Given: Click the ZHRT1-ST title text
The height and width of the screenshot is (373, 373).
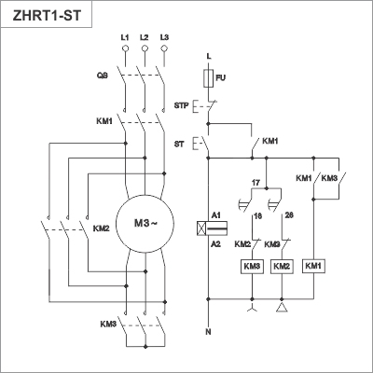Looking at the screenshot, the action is coord(47,16).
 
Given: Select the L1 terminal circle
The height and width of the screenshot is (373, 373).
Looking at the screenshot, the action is coord(125,48).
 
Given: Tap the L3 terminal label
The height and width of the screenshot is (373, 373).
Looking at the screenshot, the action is coord(164,37).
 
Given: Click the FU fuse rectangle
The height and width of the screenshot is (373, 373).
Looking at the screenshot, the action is coord(208,78).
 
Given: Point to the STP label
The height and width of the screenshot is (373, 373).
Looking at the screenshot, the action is coord(181,105).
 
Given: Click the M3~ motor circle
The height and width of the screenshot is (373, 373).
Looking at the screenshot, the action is coord(145,224).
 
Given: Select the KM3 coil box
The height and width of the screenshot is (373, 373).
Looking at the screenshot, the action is coord(252,267).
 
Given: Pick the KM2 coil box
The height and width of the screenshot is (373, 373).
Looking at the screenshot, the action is coord(282,267).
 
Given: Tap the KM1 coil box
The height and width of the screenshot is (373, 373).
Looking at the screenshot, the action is coord(313,266).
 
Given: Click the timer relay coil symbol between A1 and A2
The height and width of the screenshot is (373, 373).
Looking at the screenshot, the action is coord(213,228).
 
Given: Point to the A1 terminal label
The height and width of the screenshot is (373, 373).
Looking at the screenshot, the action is coord(215,215).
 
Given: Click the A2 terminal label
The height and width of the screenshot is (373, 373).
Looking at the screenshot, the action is coord(215,244).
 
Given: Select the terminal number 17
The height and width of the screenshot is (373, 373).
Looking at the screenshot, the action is coord(256,183).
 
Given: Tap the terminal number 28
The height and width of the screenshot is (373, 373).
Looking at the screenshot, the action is coord(289,215).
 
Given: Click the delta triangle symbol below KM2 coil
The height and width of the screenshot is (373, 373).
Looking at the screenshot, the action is coord(282,308).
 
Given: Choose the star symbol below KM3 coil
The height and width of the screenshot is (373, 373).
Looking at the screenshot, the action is coord(252,308).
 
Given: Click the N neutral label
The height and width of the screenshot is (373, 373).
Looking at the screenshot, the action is coord(208,332).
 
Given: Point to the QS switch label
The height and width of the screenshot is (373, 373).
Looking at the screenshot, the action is coord(103,76).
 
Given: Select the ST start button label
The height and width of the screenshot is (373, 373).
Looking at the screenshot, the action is coord(179,145).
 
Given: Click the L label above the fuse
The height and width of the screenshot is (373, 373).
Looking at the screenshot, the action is coord(209,57).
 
